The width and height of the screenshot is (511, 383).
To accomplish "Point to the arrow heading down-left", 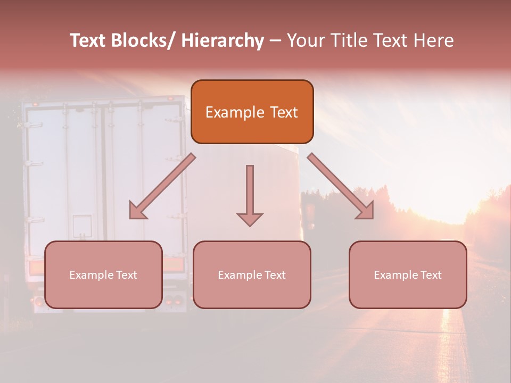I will point(162,186).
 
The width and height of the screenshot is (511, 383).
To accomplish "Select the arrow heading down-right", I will point(341,186).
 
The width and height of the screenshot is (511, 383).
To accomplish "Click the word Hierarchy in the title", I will point(222,40).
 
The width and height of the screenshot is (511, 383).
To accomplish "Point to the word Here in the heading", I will point(434,40).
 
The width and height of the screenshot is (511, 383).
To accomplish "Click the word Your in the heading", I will point(305,40).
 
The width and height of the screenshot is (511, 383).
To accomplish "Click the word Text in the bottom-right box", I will point(430,275).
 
